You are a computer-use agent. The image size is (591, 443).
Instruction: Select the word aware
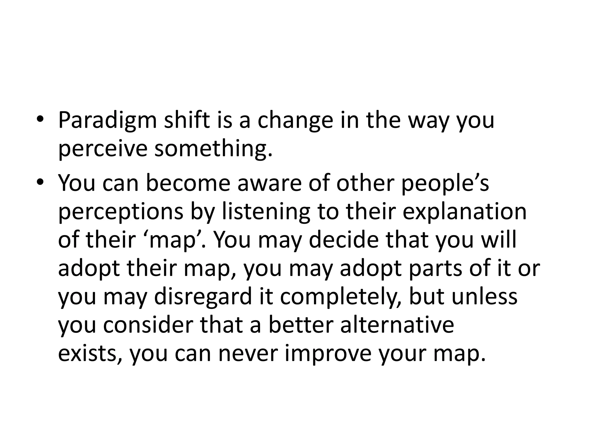pyautogui.click(x=269, y=183)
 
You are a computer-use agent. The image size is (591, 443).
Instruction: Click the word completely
pyautogui.click(x=341, y=297)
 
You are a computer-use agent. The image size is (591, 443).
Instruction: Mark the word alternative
pyautogui.click(x=397, y=325)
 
